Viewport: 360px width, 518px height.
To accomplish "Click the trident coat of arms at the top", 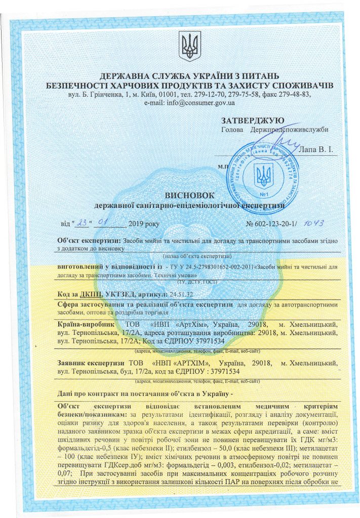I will [x=190, y=45].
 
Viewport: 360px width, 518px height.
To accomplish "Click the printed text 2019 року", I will [x=144, y=224].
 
